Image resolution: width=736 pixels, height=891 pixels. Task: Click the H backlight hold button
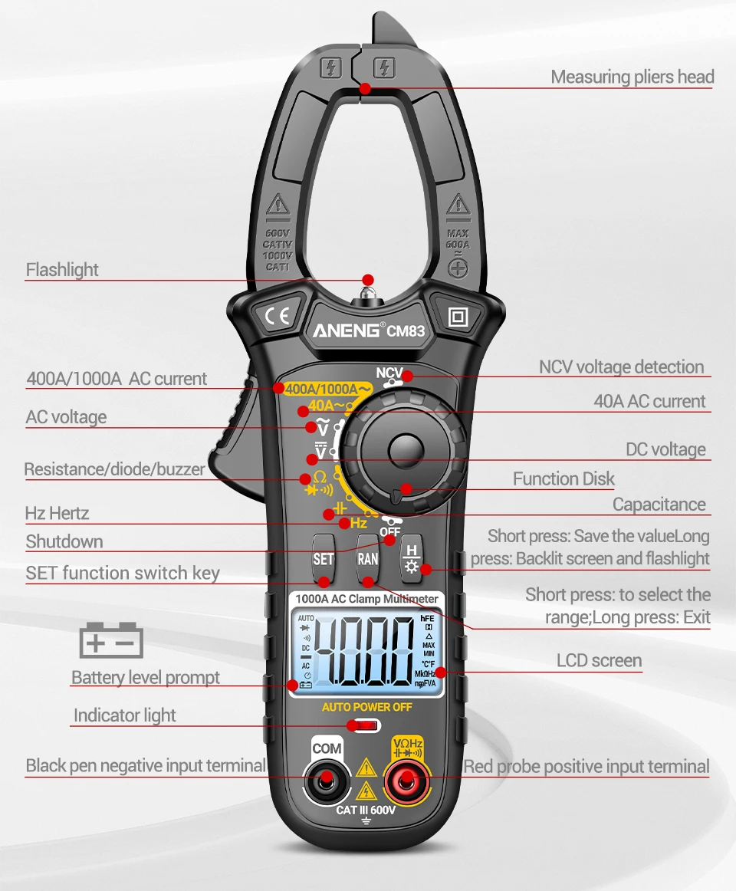[x=412, y=557]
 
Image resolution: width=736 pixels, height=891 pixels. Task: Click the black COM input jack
[x=327, y=780]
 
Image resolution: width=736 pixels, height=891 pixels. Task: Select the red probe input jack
[x=407, y=780]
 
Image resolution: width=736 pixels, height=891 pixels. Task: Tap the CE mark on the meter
[x=276, y=316]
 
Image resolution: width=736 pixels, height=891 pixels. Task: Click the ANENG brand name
[x=346, y=331]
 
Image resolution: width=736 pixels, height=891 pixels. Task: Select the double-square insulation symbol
[x=458, y=317]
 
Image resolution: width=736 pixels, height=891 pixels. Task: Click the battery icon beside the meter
[x=111, y=640]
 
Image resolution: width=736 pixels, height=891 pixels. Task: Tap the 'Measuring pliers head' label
[x=632, y=77]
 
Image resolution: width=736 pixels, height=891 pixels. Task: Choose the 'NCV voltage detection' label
[x=621, y=367]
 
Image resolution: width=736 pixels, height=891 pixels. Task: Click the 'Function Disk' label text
[x=563, y=479]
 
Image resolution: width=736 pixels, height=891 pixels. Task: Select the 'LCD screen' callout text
[x=599, y=660]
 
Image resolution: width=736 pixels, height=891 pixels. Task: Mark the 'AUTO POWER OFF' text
[x=366, y=707]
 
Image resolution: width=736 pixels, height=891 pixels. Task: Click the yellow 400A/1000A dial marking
[x=327, y=389]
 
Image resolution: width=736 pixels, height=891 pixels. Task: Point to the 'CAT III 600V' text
[x=366, y=810]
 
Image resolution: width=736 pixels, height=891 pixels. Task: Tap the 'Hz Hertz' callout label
[x=57, y=513]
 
